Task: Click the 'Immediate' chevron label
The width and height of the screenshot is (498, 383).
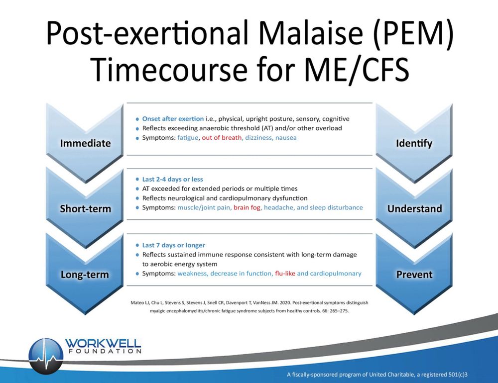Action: coord(85,143)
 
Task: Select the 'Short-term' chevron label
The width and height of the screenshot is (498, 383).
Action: coord(85,209)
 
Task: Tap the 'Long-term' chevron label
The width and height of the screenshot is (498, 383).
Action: coord(85,275)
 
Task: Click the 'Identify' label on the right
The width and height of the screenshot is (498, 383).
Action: coord(414,143)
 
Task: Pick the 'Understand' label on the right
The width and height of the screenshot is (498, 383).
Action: coord(414,209)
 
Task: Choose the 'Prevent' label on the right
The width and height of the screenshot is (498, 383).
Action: coord(414,275)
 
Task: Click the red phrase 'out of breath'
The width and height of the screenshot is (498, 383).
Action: coord(221,137)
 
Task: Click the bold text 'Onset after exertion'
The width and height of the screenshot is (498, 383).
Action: coord(173,119)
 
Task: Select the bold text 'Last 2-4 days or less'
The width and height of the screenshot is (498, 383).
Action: coord(172,179)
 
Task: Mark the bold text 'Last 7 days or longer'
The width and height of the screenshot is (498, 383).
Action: coord(173,245)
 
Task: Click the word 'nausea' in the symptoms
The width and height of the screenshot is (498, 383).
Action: coord(285,137)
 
